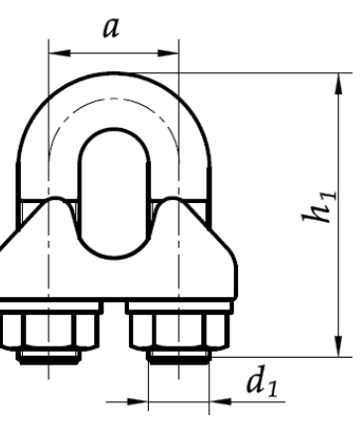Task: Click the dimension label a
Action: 111,28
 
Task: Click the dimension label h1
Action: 319,207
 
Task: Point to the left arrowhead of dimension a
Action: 60,53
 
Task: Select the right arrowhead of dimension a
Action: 168,53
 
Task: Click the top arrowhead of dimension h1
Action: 339,84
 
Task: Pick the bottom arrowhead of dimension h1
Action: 339,346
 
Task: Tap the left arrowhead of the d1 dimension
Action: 138,402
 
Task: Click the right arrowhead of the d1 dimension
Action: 220,402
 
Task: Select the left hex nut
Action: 49,331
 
